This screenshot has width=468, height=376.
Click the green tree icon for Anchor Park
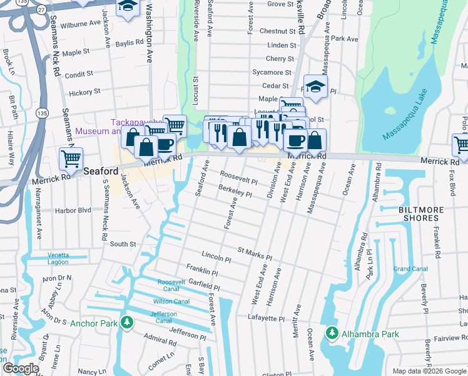point(127,323)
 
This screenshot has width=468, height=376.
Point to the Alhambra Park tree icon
point(332,333)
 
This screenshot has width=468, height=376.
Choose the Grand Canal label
point(406,269)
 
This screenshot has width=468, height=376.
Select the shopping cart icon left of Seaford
point(71,159)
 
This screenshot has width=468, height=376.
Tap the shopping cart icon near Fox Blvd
point(461,145)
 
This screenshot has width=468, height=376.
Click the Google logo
point(21,368)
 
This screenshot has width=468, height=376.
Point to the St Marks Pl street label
point(255,254)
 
